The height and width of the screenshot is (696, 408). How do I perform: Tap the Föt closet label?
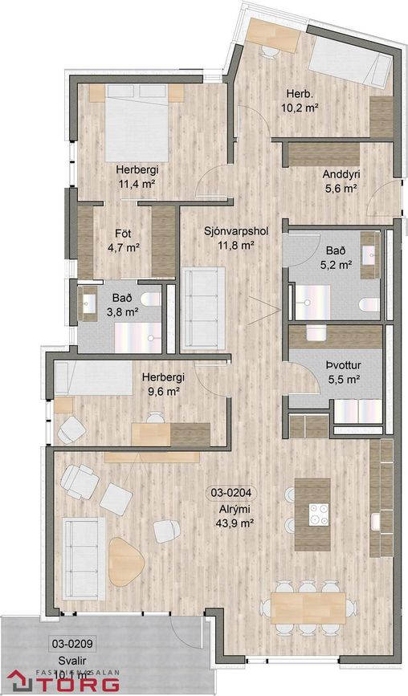pos(123,234)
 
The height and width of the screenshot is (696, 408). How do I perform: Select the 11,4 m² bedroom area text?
pos(136,184)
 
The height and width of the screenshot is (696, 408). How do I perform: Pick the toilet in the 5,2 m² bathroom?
pos(369,304)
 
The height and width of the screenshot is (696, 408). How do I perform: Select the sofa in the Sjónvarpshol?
pos(202,309)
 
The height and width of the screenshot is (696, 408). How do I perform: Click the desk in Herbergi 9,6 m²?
pos(170,433)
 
